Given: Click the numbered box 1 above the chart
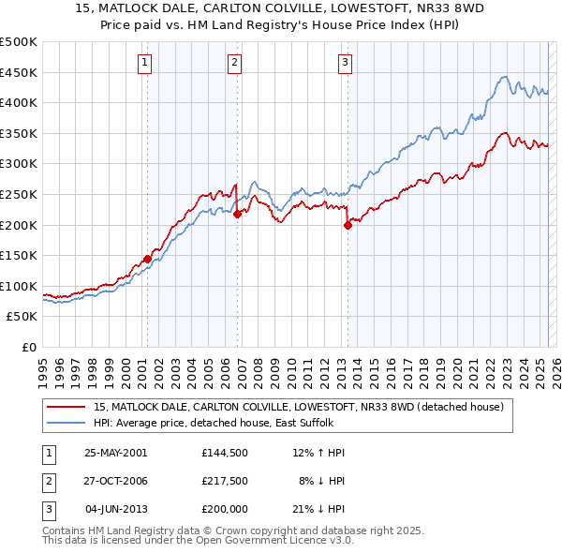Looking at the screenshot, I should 146,63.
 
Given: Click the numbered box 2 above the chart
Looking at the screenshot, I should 234,63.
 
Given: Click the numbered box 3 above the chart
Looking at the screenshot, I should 345,63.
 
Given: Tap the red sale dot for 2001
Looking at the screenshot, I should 147,259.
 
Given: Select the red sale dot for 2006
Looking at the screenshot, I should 237,214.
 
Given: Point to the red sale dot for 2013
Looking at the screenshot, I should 348,225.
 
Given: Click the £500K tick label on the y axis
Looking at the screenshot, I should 19,42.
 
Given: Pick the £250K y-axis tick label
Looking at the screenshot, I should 19,194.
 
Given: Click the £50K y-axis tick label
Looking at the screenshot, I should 22,317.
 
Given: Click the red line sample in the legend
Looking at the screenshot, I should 67,407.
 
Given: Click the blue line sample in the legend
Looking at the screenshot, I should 67,423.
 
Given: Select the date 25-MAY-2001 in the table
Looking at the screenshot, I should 116,453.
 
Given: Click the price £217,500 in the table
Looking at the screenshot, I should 225,481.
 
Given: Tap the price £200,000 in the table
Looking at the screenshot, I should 225,510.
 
